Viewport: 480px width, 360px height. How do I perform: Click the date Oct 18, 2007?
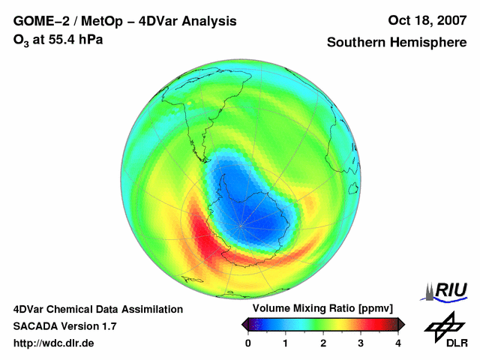point(427,21)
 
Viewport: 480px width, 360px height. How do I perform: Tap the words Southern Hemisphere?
point(396,43)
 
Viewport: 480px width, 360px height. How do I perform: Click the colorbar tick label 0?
point(248,343)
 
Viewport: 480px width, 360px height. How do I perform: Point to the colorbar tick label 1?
point(286,343)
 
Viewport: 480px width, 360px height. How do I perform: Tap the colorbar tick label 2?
point(323,343)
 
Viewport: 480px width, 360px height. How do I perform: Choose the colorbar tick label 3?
point(361,343)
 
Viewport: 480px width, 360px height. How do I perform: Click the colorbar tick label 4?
point(398,343)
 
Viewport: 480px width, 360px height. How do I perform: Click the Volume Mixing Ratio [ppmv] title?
point(322,308)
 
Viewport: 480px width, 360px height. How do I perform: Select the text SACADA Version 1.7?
point(64,326)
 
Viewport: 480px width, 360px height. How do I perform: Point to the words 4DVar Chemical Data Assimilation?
point(98,309)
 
